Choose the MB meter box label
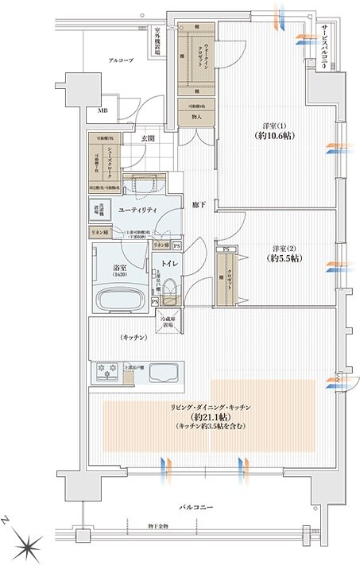pos(103,111)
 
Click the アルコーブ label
pos(121,60)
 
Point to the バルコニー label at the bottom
pos(195,505)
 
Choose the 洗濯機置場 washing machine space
pos(100,211)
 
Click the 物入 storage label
pos(197,117)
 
